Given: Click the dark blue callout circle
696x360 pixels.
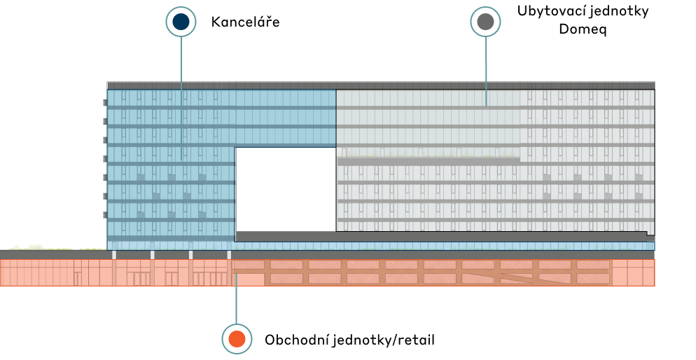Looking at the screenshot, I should point(181,22).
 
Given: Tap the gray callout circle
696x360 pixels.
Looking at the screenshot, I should point(485,22).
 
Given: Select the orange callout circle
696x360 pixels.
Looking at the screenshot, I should point(237,339).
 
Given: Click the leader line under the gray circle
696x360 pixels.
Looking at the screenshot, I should point(486,70).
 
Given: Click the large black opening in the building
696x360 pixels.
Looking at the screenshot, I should point(285,189).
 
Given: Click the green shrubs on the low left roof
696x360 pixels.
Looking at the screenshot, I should point(35,247).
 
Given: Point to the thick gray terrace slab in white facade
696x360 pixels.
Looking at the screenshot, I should point(429,161).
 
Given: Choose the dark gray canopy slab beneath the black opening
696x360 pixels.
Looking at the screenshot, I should point(441,237).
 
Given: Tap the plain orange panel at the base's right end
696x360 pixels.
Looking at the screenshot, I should point(633,272).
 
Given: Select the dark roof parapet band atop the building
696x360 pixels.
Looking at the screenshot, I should point(381,85).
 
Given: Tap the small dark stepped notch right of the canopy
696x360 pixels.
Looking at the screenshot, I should point(651,238).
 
